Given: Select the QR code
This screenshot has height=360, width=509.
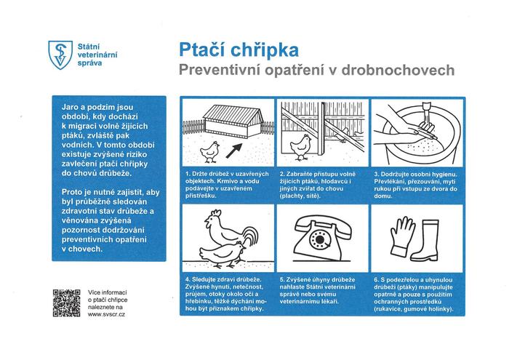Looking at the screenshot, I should (x=66, y=303).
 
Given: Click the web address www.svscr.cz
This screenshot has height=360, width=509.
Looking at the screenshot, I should (x=105, y=316).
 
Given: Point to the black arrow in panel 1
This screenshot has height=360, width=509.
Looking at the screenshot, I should (x=235, y=151).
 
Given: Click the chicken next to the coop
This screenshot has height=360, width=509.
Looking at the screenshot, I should (x=210, y=151).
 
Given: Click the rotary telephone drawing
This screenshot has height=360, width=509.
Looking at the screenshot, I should (x=321, y=238).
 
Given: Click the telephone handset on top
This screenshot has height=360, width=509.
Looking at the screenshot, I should (x=321, y=221).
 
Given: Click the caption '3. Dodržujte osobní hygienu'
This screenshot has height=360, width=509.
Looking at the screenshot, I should (x=415, y=185).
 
